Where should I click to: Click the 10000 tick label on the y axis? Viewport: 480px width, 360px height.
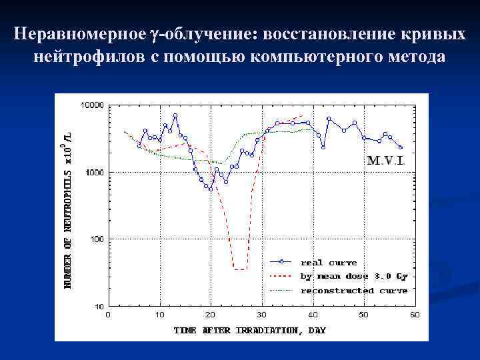tap(92, 105)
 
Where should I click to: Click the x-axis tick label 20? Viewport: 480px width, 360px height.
tap(211, 314)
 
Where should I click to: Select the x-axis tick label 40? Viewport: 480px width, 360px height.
tap(313, 314)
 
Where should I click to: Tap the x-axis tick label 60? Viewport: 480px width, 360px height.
tap(415, 314)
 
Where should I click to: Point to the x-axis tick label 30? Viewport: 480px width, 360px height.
tap(262, 314)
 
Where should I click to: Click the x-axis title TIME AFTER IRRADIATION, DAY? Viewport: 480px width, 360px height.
tap(250, 330)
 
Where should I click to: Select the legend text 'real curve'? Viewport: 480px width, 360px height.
tap(329, 262)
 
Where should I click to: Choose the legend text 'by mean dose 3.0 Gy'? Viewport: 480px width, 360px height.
tap(354, 276)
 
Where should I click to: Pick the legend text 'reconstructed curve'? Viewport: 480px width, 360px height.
tap(354, 291)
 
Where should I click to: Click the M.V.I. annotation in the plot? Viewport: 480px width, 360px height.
tap(386, 161)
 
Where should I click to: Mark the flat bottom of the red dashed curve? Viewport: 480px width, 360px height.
tap(240, 269)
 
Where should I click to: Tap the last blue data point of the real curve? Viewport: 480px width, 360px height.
tap(401, 147)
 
